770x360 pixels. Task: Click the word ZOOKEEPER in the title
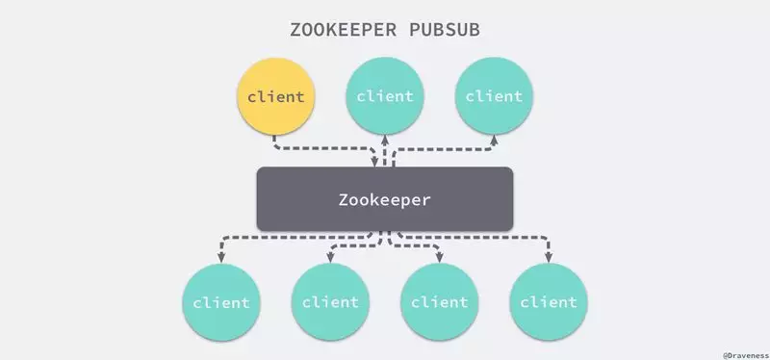(343, 30)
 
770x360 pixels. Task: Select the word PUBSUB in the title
(445, 30)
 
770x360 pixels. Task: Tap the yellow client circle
(276, 96)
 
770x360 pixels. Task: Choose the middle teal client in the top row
(385, 95)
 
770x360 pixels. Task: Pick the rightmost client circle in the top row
(494, 95)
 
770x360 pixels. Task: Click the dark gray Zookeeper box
(385, 199)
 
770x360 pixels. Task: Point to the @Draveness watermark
(745, 355)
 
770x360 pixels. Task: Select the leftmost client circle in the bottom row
(221, 302)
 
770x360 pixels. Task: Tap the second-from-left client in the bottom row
(330, 302)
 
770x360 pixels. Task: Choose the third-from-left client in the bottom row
(440, 302)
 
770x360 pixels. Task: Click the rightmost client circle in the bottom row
(549, 302)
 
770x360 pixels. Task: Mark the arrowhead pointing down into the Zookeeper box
(375, 162)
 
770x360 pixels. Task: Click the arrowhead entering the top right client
(494, 141)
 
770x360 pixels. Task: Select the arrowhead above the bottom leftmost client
(221, 257)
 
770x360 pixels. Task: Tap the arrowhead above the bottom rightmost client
(549, 257)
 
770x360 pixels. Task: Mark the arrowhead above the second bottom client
(330, 257)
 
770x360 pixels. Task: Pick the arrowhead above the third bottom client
(440, 257)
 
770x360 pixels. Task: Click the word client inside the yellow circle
(276, 97)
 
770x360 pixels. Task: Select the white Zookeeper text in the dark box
(384, 200)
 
